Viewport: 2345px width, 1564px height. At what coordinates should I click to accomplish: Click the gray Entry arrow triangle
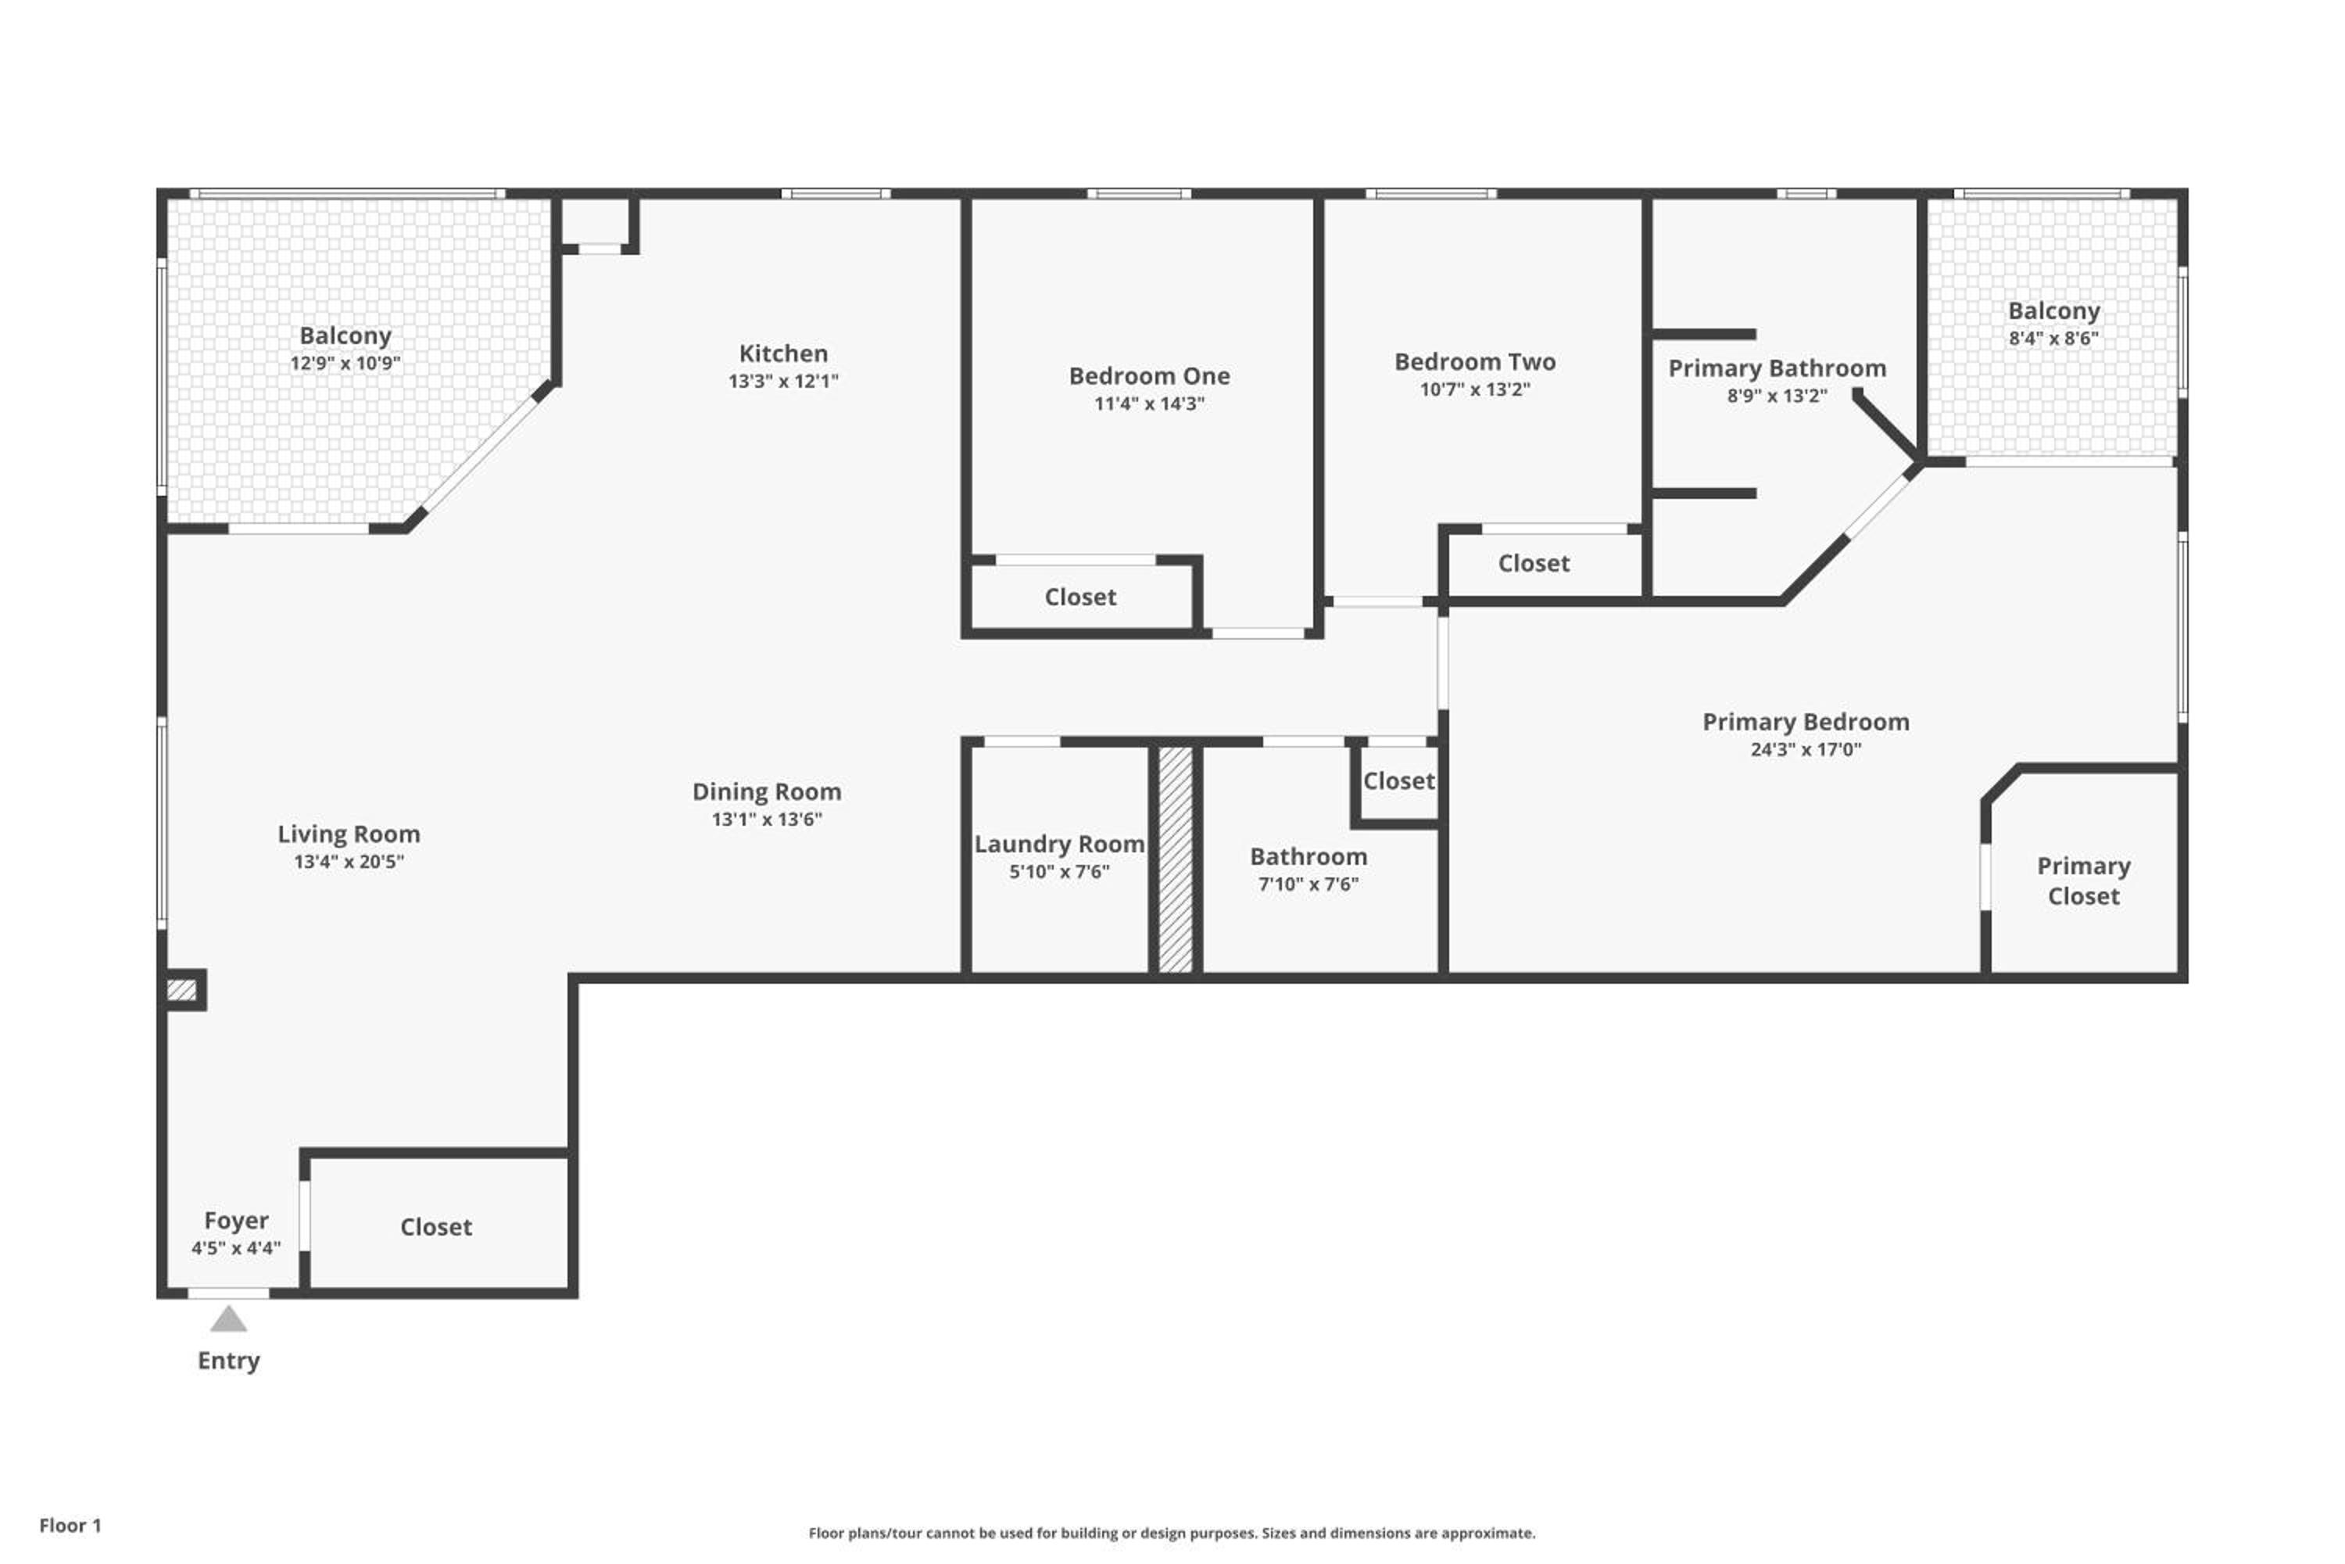click(228, 1320)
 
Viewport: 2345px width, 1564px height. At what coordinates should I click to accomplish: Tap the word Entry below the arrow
click(228, 1361)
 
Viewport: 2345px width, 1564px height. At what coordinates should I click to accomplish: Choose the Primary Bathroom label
click(1777, 369)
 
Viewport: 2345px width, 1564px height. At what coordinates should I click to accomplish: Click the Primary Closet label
click(2083, 881)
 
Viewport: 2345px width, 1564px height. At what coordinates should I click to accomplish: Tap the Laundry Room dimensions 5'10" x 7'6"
click(1059, 872)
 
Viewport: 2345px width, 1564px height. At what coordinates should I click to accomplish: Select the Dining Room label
click(767, 792)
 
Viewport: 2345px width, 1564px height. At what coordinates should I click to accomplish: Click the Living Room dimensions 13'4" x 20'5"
click(348, 862)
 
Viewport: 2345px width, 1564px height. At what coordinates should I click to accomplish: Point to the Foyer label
click(236, 1221)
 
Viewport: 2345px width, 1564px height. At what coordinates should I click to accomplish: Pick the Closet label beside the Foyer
click(435, 1227)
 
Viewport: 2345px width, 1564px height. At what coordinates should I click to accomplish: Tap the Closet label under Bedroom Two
click(1534, 564)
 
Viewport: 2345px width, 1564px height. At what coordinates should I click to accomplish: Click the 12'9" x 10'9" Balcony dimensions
click(345, 363)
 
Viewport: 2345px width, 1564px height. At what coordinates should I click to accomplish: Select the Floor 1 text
click(70, 1525)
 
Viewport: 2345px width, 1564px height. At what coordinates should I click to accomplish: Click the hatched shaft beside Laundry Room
click(1175, 859)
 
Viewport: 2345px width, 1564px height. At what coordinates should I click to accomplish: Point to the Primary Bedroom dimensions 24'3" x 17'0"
click(1806, 749)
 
